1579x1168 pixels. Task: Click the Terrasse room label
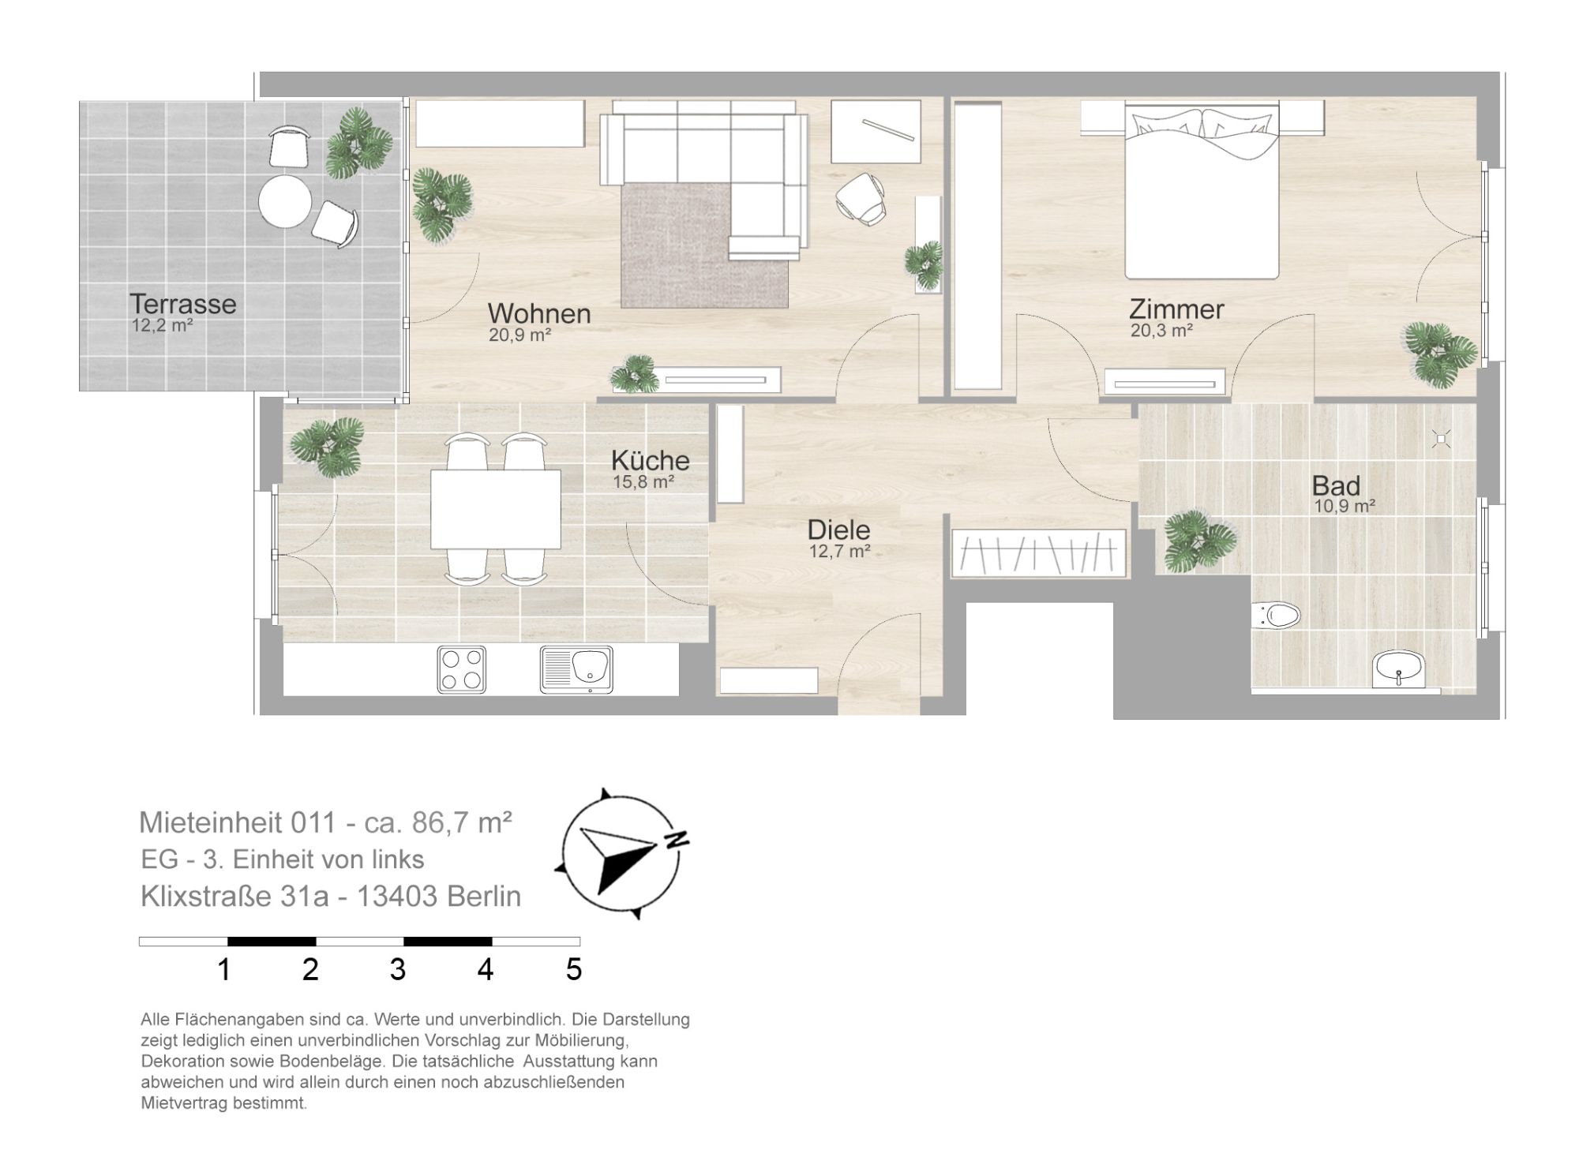(x=183, y=304)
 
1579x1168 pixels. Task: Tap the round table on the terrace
(x=284, y=201)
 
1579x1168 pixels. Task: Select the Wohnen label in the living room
(x=539, y=313)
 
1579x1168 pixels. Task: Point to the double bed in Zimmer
(x=1201, y=193)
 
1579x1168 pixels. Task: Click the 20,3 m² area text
(x=1161, y=331)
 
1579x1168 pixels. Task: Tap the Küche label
(x=651, y=460)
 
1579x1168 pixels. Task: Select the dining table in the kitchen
(x=496, y=509)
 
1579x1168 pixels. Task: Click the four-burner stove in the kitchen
(x=461, y=669)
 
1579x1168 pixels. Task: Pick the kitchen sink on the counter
(x=576, y=670)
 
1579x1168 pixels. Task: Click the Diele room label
(x=838, y=530)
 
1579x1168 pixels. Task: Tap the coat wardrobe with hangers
(x=1039, y=550)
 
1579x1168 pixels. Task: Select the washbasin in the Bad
(x=1398, y=669)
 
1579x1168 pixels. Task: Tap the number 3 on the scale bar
(x=398, y=970)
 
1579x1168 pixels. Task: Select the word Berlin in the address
(x=484, y=897)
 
